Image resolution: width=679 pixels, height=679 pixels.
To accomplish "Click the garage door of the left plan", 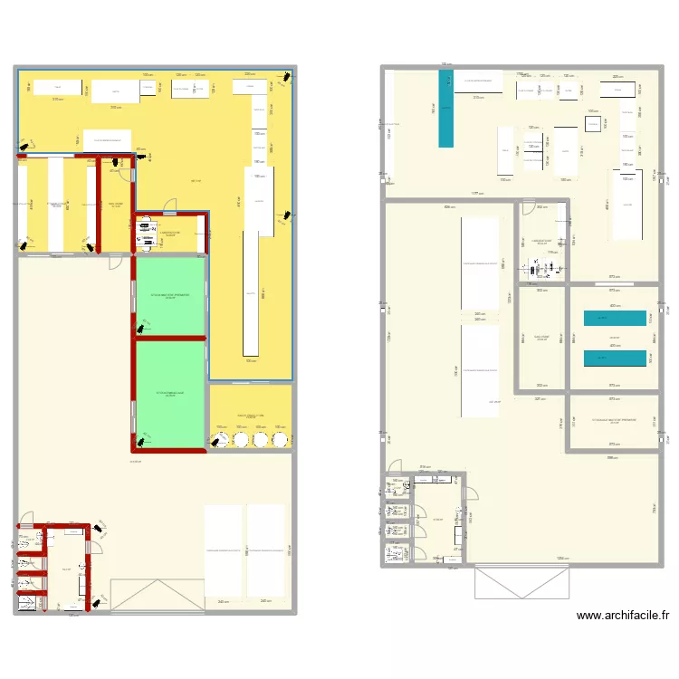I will tap(151, 596).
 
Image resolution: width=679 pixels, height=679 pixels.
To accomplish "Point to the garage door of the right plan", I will tap(522, 581).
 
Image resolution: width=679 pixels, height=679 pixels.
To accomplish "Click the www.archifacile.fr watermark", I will tap(623, 616).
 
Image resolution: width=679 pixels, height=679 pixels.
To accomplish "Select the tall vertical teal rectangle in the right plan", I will tap(445, 109).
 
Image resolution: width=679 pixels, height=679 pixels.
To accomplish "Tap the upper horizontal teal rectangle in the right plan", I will tap(615, 319).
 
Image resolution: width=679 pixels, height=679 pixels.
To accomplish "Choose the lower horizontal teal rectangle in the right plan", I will tap(615, 358).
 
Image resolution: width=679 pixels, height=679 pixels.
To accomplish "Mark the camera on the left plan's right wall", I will tap(287, 215).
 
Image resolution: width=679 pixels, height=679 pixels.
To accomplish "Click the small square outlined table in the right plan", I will tap(594, 124).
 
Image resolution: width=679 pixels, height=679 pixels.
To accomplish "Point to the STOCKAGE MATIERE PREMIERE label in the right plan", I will tap(615, 420).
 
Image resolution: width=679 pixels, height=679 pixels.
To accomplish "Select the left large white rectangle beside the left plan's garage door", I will tap(223, 550).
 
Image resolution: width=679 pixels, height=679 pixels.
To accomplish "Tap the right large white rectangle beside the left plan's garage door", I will tap(266, 550).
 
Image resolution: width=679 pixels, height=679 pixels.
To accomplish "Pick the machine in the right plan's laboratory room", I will tap(543, 268).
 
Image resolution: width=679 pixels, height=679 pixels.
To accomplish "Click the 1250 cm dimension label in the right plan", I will tap(562, 559).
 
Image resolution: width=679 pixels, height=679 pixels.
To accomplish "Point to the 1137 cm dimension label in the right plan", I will tap(475, 194).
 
